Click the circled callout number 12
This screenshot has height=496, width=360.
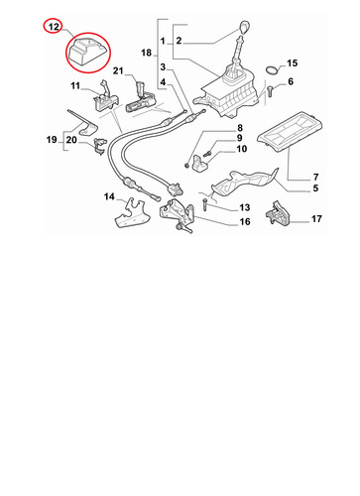[x=54, y=27]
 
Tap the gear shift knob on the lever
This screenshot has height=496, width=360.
[x=244, y=28]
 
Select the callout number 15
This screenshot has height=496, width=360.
[x=292, y=62]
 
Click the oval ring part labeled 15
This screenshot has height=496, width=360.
[x=272, y=70]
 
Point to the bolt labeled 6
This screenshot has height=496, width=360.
[x=269, y=91]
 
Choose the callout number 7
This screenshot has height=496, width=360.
[x=315, y=178]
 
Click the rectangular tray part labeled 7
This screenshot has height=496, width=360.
[x=290, y=131]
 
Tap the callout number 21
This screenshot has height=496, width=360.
[x=118, y=70]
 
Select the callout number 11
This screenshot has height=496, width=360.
[x=75, y=86]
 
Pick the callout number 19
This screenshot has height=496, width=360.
[x=52, y=140]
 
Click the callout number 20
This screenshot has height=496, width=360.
[x=71, y=140]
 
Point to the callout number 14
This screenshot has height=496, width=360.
[x=109, y=196]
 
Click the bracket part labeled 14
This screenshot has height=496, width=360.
[x=132, y=213]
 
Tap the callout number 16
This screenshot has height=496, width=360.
[x=245, y=221]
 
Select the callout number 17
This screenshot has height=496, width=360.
[x=316, y=219]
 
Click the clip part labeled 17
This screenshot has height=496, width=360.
[x=278, y=214]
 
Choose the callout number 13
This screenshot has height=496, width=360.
[x=244, y=207]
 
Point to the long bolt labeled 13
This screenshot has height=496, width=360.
[x=205, y=205]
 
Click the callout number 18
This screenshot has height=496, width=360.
[x=146, y=53]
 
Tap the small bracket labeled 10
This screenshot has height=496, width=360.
[x=199, y=164]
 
